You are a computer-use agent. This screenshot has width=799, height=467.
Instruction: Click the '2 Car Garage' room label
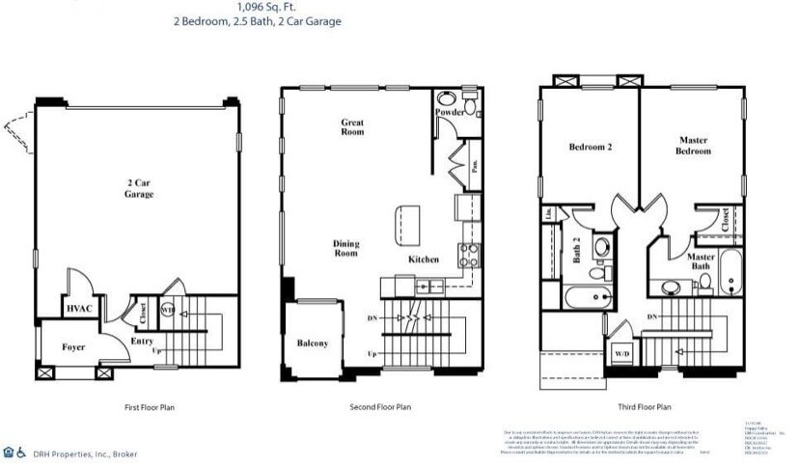139,188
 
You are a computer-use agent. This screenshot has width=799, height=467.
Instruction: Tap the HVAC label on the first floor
78,309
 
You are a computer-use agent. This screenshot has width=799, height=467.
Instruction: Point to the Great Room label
352,126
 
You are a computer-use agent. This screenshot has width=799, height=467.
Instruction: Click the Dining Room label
345,249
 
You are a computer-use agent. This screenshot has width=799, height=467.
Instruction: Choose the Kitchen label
424,260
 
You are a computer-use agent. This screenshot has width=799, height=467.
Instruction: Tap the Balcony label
312,343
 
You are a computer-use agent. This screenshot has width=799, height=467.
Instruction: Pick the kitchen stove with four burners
469,256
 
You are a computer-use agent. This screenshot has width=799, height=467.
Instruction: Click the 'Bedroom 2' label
591,148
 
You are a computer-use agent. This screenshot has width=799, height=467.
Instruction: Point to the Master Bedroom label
693,146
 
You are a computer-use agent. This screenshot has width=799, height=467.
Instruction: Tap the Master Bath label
702,262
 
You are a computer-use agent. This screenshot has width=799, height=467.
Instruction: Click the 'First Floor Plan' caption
151,407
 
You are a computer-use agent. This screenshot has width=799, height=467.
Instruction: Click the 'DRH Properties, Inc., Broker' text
84,453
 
